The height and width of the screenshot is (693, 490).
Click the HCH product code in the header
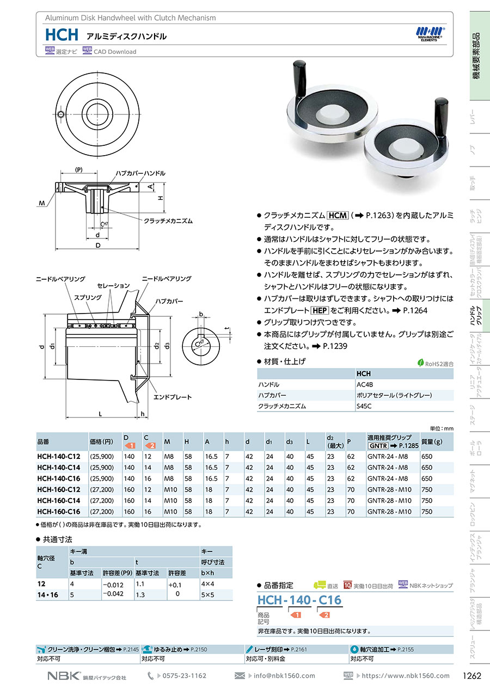pos(62,35)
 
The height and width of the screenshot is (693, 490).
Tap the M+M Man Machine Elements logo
pos(430,34)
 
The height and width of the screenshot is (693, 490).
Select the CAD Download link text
pos(115,52)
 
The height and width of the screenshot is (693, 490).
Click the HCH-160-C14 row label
pos(59,500)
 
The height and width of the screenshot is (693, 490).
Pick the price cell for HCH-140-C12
pos(102,456)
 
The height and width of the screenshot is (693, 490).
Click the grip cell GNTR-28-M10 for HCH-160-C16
pos(389,511)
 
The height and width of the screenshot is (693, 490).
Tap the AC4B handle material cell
pos(365,384)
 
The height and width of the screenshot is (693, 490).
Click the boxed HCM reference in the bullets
pos(338,216)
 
